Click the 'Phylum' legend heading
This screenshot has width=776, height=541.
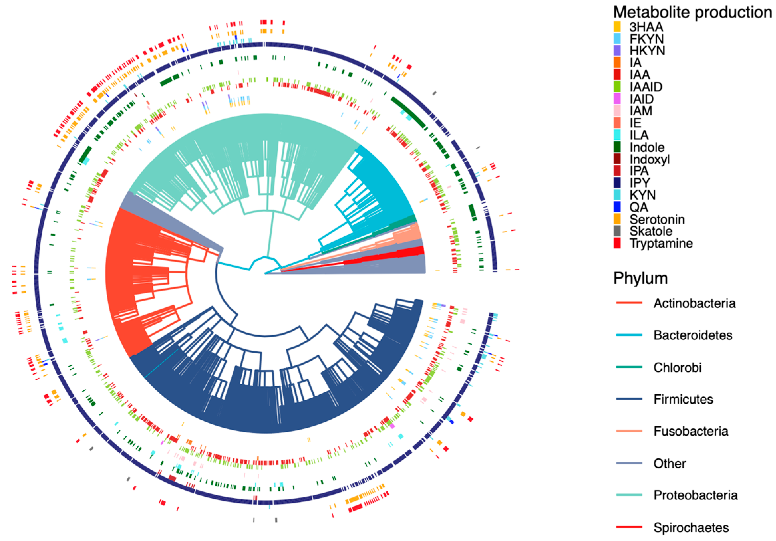tap(640, 278)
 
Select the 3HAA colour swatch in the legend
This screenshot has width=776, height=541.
tap(617, 26)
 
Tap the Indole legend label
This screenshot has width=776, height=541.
tap(647, 147)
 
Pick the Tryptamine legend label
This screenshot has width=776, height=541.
tap(661, 243)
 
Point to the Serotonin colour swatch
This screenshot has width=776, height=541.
tap(617, 219)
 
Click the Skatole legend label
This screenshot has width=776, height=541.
tap(651, 231)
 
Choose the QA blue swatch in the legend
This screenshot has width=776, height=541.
tap(617, 207)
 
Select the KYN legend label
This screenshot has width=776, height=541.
tap(642, 195)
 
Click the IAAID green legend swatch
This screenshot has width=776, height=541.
tap(617, 87)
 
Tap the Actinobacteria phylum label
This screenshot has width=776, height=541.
tap(694, 303)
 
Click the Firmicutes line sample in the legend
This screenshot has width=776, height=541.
tap(629, 399)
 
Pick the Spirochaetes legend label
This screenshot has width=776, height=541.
tap(691, 527)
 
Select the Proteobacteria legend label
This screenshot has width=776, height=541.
tap(695, 495)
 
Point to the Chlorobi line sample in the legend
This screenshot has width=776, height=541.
tap(629, 367)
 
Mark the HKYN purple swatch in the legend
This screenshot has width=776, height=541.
tap(617, 51)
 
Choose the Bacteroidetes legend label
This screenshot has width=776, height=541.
tap(693, 335)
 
